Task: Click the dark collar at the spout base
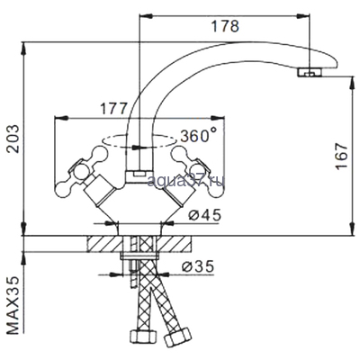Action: (137, 171)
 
